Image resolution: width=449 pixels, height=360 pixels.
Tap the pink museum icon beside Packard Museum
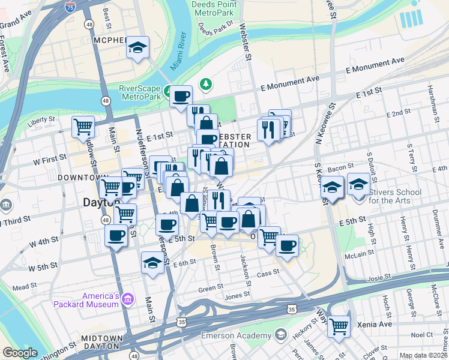[x=127, y=299]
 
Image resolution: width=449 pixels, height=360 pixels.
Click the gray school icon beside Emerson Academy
[x=280, y=334]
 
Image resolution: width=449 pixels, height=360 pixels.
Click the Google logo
[x=20, y=353]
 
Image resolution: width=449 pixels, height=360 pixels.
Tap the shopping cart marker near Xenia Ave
[x=339, y=326]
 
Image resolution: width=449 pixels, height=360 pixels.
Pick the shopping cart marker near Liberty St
[x=83, y=126]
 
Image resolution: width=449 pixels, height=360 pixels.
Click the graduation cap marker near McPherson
[x=137, y=47]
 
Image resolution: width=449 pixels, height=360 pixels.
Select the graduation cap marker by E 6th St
[x=152, y=262]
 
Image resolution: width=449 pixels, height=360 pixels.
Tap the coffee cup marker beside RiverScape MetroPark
[x=180, y=96]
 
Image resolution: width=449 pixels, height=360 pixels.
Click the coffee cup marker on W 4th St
[x=116, y=234]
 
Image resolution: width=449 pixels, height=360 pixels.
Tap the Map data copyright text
[x=423, y=355]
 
